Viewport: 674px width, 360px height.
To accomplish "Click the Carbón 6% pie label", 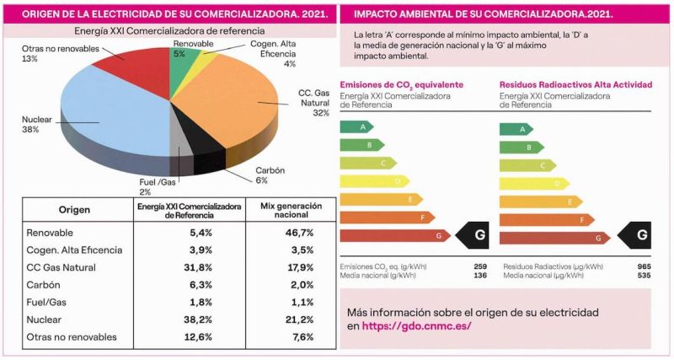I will [270, 175].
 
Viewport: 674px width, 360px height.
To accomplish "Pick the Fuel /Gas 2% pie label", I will [158, 186].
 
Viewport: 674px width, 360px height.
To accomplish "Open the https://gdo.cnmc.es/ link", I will [416, 325].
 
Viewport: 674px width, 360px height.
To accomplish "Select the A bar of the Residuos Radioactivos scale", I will [516, 128].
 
